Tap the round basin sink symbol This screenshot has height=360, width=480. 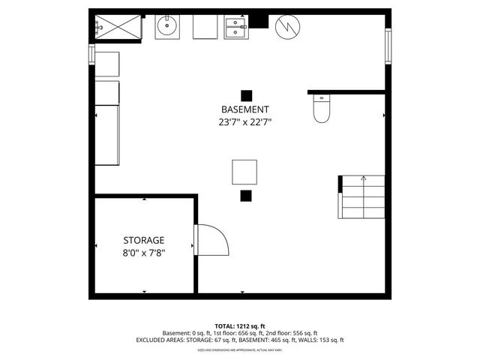(x=166, y=28)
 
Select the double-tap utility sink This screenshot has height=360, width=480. (x=236, y=28)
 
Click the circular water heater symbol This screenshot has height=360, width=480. (x=287, y=28)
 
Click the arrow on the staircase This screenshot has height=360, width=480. (x=364, y=179)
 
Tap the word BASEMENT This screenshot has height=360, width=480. (x=244, y=109)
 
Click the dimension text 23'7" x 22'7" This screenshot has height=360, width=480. (x=244, y=121)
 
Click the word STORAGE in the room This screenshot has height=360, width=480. (x=144, y=240)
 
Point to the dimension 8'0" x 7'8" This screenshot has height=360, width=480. (x=144, y=253)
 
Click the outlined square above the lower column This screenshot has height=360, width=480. (x=244, y=172)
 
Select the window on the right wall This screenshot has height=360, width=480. (x=388, y=45)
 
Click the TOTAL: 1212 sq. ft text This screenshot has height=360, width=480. (x=239, y=326)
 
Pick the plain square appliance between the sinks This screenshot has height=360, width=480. (x=205, y=28)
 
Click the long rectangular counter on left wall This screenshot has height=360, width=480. (x=106, y=135)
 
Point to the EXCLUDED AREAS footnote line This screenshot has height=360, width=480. (x=239, y=340)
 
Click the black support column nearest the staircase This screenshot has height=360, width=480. (x=245, y=196)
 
